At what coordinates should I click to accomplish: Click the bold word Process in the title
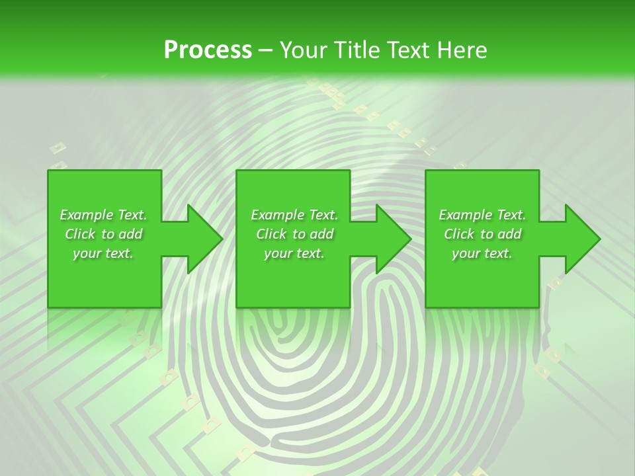[208, 50]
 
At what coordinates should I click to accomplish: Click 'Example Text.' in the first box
[103, 215]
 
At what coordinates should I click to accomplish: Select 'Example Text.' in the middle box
[294, 215]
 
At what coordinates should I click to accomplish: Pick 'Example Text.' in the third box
[482, 215]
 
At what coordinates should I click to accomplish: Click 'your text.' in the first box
[103, 253]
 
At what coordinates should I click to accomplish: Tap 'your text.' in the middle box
[294, 253]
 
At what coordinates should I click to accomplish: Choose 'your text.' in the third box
[482, 253]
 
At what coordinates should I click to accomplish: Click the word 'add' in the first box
[131, 234]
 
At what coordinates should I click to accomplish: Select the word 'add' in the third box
[510, 234]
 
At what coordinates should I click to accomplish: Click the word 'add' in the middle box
[322, 234]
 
